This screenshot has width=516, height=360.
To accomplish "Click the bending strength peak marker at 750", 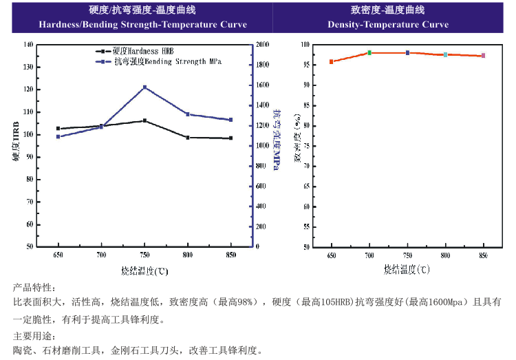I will pos(144,87).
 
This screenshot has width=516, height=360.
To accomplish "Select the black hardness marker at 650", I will pos(58,129).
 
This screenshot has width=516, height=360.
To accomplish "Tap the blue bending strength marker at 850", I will pos(231,120).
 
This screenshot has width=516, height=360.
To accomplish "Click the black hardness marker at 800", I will pos(188,138).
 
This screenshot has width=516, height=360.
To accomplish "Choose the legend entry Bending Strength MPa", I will pos(162,61).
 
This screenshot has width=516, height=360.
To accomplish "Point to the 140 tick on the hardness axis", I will pos(28,44).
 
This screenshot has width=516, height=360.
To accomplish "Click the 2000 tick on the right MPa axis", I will pos(264,44).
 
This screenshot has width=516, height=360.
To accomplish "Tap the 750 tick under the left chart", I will pos(144,255).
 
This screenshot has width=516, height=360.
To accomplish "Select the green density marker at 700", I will pos(369,52).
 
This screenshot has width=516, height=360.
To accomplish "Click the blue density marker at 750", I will pos(407,52).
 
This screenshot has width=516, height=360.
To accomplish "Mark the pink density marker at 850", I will pos(484,56).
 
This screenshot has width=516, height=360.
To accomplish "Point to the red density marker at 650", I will pos(332,61).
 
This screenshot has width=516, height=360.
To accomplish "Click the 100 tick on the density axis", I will pos(306,44).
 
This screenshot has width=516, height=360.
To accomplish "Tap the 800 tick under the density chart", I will pos(445,255).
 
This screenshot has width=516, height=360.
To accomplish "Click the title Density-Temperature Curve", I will pos(388,25).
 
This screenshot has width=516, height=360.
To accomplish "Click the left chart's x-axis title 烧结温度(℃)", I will pos(144,271).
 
